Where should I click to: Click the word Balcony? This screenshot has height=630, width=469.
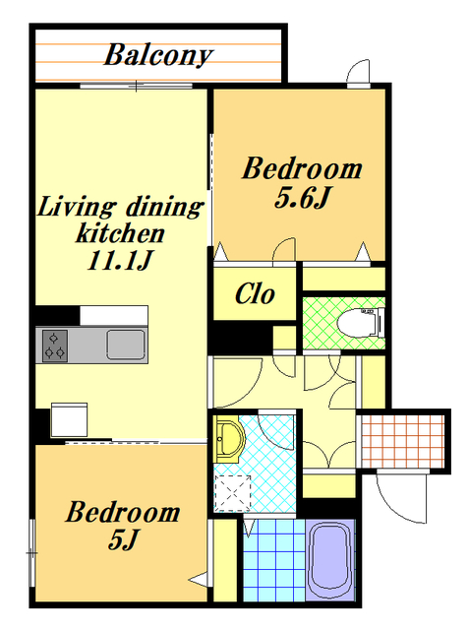point(158,55)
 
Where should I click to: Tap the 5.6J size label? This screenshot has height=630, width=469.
point(302,198)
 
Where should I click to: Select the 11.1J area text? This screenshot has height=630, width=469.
point(120,260)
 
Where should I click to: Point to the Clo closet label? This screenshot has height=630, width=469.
point(255,294)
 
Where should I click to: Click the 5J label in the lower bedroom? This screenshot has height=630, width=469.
point(123,538)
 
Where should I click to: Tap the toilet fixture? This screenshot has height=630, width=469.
point(361,323)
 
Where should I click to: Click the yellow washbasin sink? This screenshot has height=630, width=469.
point(229,439)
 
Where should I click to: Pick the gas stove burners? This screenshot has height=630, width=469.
point(55,346)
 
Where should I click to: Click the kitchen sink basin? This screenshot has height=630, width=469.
point(126,345)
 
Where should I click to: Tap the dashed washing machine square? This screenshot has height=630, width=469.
point(233,494)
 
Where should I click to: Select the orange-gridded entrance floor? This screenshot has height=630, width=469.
point(403,441)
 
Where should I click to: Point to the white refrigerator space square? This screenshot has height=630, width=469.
point(69,420)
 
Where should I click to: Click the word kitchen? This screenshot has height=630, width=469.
point(120,233)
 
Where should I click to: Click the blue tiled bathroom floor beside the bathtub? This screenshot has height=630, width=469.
point(274,560)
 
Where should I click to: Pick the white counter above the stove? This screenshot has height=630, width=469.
point(114,315)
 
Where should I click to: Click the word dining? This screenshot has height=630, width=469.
point(164,207)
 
